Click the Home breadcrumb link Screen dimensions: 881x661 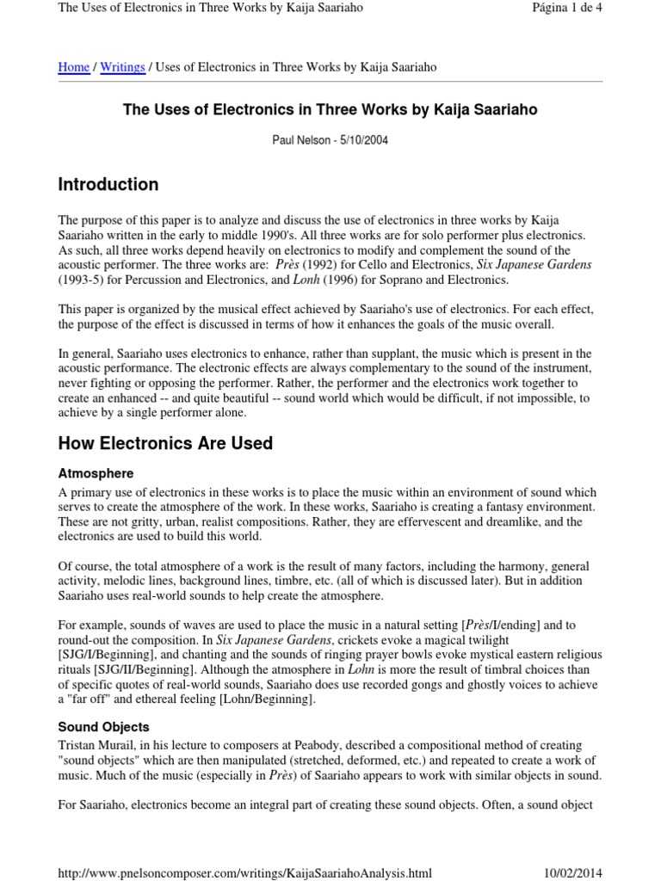tap(73, 67)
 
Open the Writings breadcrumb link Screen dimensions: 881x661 tap(122, 67)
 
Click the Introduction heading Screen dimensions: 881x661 tap(108, 184)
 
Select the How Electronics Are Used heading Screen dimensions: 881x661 tap(165, 443)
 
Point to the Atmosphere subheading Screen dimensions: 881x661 tap(96, 473)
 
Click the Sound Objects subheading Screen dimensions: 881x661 tap(103, 727)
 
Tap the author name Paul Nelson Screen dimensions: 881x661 tap(302, 140)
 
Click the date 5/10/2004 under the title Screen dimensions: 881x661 tap(364, 140)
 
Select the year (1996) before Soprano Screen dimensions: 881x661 tap(338, 280)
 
